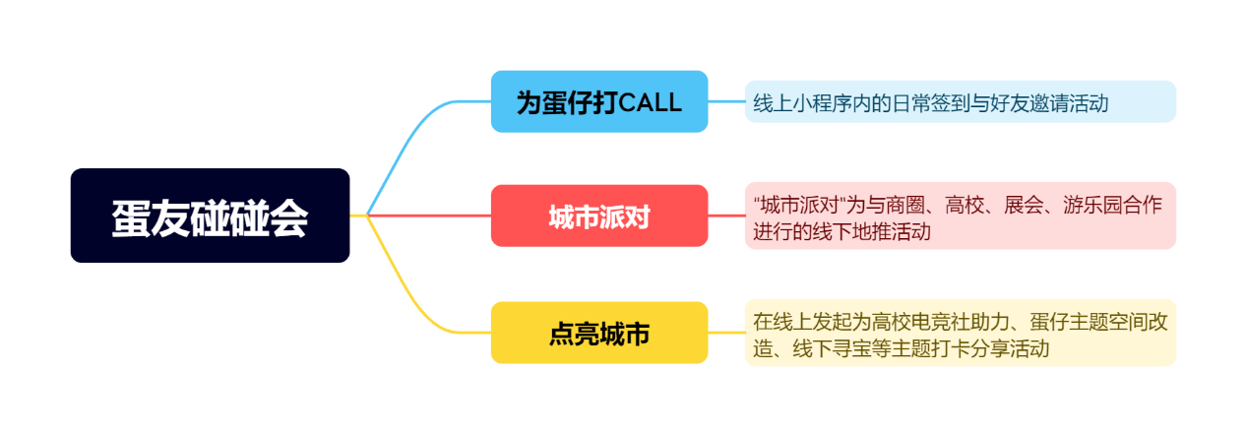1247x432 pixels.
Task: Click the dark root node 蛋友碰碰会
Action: click(x=210, y=216)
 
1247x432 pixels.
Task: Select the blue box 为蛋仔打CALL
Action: click(x=599, y=101)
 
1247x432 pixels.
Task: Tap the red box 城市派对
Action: click(x=599, y=216)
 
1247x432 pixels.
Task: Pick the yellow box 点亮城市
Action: click(x=599, y=333)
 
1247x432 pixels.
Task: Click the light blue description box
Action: click(x=961, y=101)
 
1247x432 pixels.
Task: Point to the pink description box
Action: click(x=961, y=216)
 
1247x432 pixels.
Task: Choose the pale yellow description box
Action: click(x=961, y=333)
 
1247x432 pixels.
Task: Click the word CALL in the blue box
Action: click(x=650, y=102)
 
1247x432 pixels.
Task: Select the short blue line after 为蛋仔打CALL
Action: click(x=726, y=101)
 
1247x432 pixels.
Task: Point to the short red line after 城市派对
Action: click(x=726, y=216)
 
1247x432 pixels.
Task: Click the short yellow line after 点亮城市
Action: click(x=726, y=333)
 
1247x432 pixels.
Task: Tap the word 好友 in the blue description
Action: click(x=1009, y=103)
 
